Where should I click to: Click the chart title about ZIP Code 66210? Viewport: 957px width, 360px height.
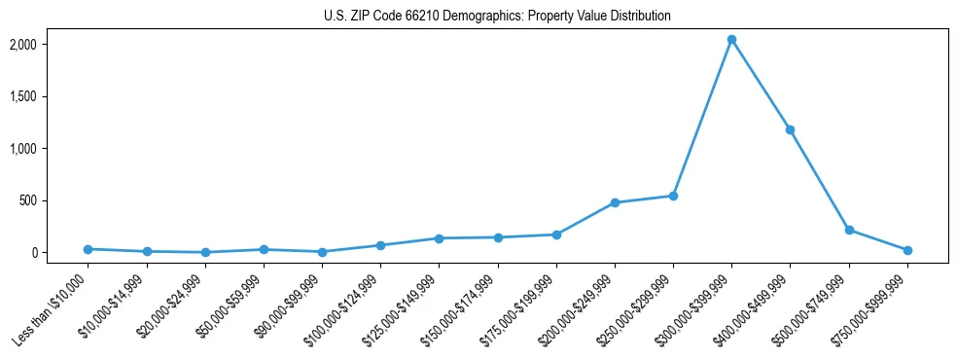(497, 17)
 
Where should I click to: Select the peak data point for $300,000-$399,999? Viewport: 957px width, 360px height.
(731, 40)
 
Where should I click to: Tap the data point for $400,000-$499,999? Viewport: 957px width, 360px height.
(791, 129)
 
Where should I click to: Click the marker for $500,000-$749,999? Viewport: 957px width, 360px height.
(849, 230)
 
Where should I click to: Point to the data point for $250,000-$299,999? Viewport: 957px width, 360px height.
(673, 196)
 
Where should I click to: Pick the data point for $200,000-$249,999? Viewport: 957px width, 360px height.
(615, 202)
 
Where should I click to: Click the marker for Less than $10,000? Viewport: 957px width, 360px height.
(88, 249)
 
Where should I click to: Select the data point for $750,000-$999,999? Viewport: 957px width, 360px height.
(907, 250)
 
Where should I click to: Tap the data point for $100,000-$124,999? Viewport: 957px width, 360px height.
(380, 245)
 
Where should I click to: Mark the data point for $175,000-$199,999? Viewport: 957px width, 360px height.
(556, 234)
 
